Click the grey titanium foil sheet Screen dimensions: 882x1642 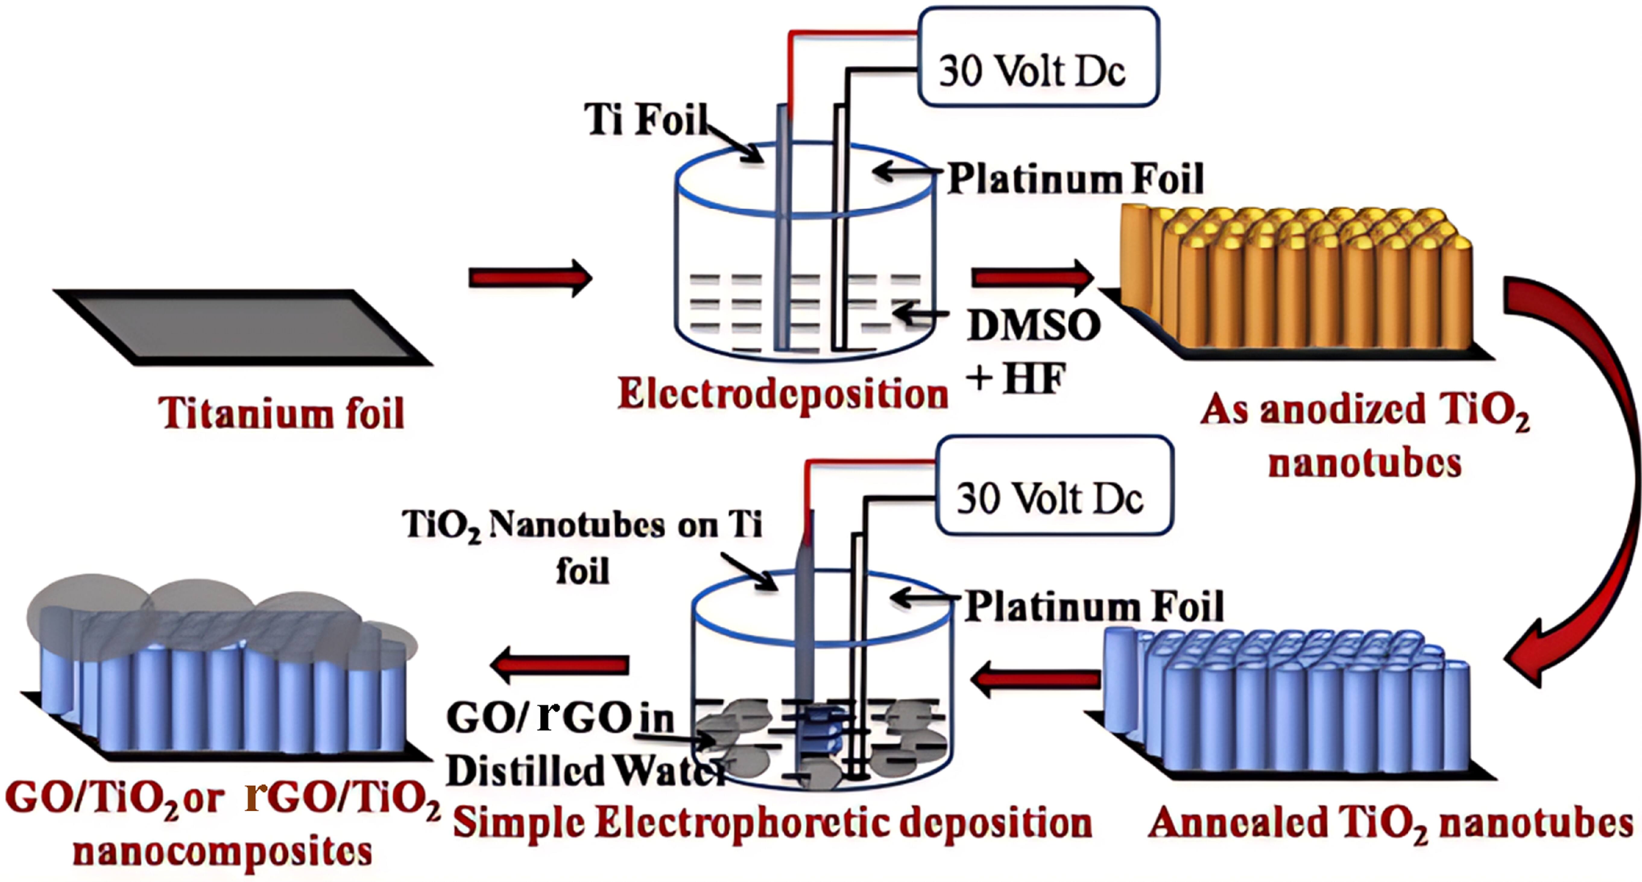[x=242, y=326]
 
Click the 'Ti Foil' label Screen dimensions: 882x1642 [x=645, y=119]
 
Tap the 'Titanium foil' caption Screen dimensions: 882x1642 [x=281, y=413]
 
